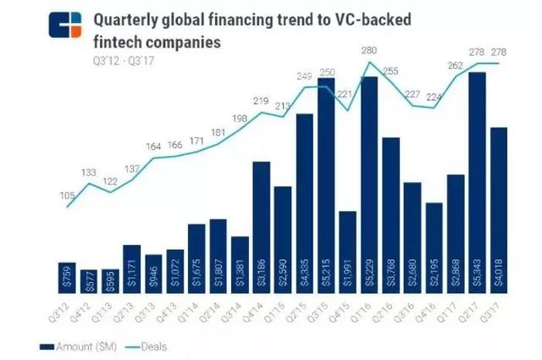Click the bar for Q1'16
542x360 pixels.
pyautogui.click(x=369, y=186)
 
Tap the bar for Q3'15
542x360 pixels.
pyautogui.click(x=326, y=186)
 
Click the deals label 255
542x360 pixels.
pyautogui.click(x=391, y=73)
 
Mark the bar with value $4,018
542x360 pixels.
pyautogui.click(x=498, y=211)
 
